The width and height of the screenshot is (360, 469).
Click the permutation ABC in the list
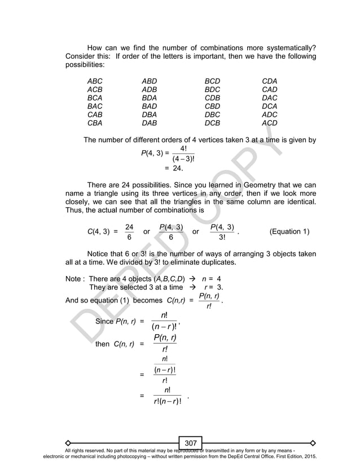95,81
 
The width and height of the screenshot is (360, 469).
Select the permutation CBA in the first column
95,122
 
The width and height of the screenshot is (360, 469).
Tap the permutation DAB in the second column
150,122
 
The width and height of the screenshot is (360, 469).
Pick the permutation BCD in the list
212,81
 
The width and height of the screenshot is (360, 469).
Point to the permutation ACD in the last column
270,122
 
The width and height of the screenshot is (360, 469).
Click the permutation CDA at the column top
270,81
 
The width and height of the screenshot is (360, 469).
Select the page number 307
191,443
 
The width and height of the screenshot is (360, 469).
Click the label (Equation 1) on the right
290,231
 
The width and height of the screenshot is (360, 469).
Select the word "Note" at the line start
74,278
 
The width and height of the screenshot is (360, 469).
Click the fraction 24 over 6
129,231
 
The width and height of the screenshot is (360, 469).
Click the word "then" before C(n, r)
103,344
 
